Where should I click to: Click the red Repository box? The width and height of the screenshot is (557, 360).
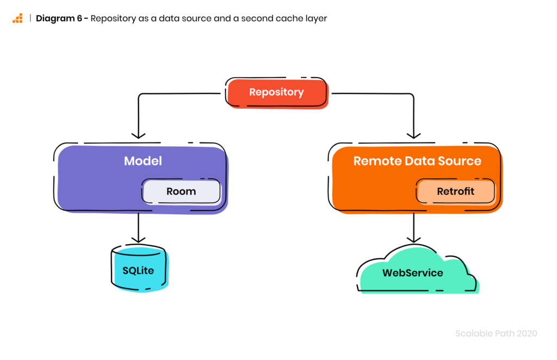coord(277,93)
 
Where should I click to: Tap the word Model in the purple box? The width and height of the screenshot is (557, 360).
coord(143,161)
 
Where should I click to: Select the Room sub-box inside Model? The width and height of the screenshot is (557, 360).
coord(181,191)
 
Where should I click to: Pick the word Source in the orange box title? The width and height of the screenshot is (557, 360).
coord(460,161)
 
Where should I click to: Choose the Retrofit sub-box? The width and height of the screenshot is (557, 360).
coord(456,191)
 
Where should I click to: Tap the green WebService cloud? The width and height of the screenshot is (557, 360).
coord(419,272)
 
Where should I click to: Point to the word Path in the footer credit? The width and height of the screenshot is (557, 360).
coord(504,333)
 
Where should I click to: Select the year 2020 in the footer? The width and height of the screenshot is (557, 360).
coord(527,333)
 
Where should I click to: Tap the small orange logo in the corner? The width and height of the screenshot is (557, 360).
coord(17,18)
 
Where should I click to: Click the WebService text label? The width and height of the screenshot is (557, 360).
coord(412,273)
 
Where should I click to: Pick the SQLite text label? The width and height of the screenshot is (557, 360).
coord(138,270)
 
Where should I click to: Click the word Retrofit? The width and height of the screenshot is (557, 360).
coord(456,191)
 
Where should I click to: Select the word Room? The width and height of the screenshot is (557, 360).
coord(181,191)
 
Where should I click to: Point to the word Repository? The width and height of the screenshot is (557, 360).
coord(276,92)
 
